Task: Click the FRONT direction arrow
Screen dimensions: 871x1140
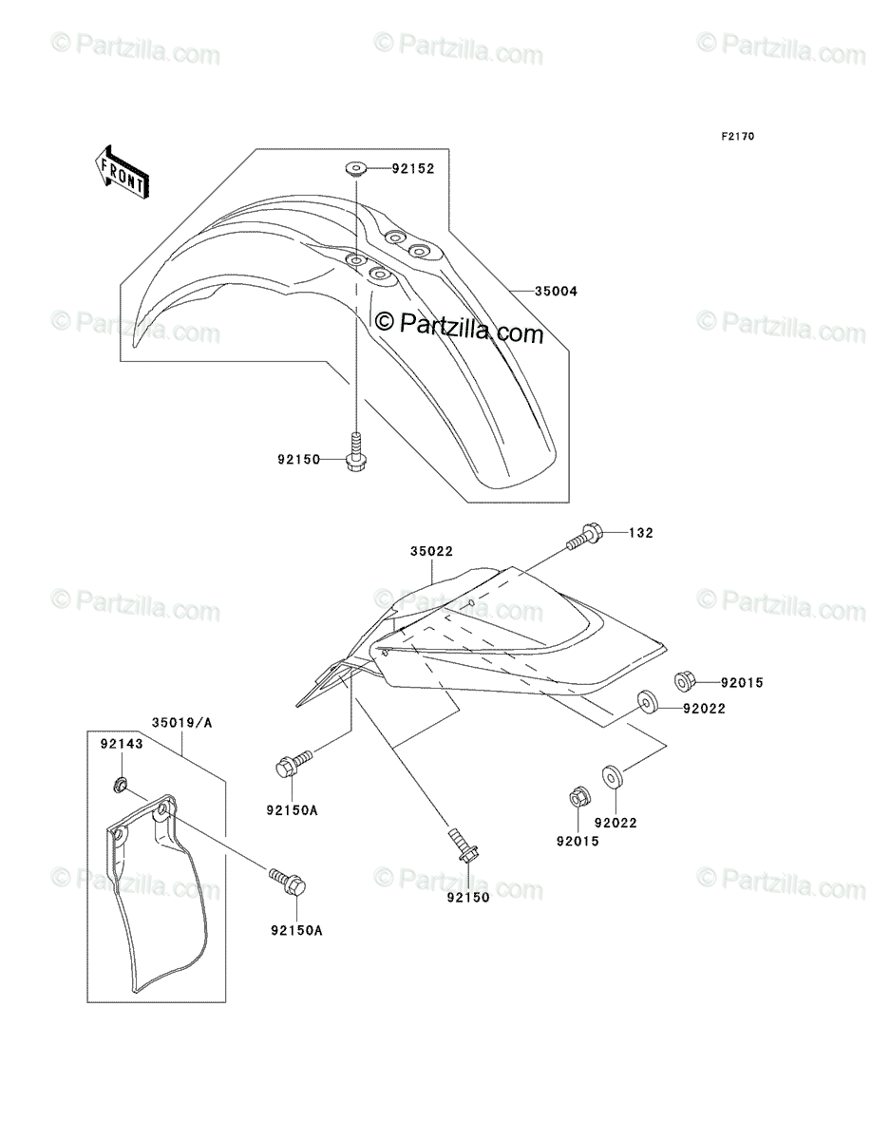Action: tap(122, 171)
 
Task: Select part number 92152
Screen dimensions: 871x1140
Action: tap(412, 169)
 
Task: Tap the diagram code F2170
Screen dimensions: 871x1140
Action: tap(737, 136)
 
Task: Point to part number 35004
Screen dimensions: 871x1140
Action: tap(556, 292)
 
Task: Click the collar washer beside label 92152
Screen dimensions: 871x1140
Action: tap(356, 170)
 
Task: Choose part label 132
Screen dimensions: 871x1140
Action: tap(641, 532)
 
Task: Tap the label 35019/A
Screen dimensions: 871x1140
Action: tap(182, 722)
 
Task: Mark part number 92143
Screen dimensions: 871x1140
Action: tap(122, 744)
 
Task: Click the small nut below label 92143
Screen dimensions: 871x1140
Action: tap(121, 784)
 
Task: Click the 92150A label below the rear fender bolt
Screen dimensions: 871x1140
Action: tap(293, 809)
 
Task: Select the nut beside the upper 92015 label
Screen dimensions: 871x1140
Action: tap(684, 681)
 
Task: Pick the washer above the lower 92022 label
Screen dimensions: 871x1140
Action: tap(612, 777)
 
